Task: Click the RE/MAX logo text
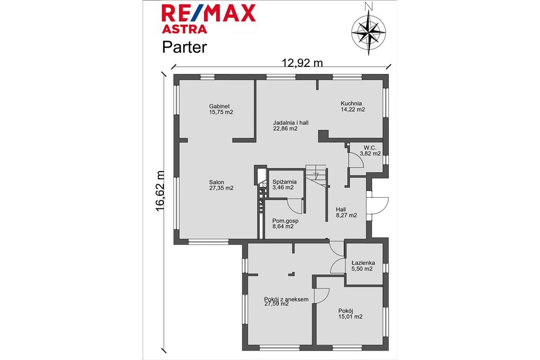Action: point(208,13)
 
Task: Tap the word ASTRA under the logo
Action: point(184,29)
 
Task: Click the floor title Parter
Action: point(184,47)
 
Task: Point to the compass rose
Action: point(369,32)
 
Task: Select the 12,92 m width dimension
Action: point(302,63)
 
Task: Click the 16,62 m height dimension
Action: point(160,191)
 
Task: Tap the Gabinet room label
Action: point(219,106)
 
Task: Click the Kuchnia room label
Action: point(352,103)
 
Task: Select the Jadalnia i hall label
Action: point(291,123)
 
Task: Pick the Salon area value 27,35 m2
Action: point(221,188)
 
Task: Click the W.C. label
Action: point(370,148)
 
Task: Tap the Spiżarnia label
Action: point(285,182)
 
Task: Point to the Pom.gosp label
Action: point(285,221)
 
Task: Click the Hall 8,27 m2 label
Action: point(347,212)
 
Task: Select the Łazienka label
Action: point(363,263)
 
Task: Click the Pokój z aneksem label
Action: point(286,299)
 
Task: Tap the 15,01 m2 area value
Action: point(350,317)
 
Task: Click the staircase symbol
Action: point(316,176)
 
